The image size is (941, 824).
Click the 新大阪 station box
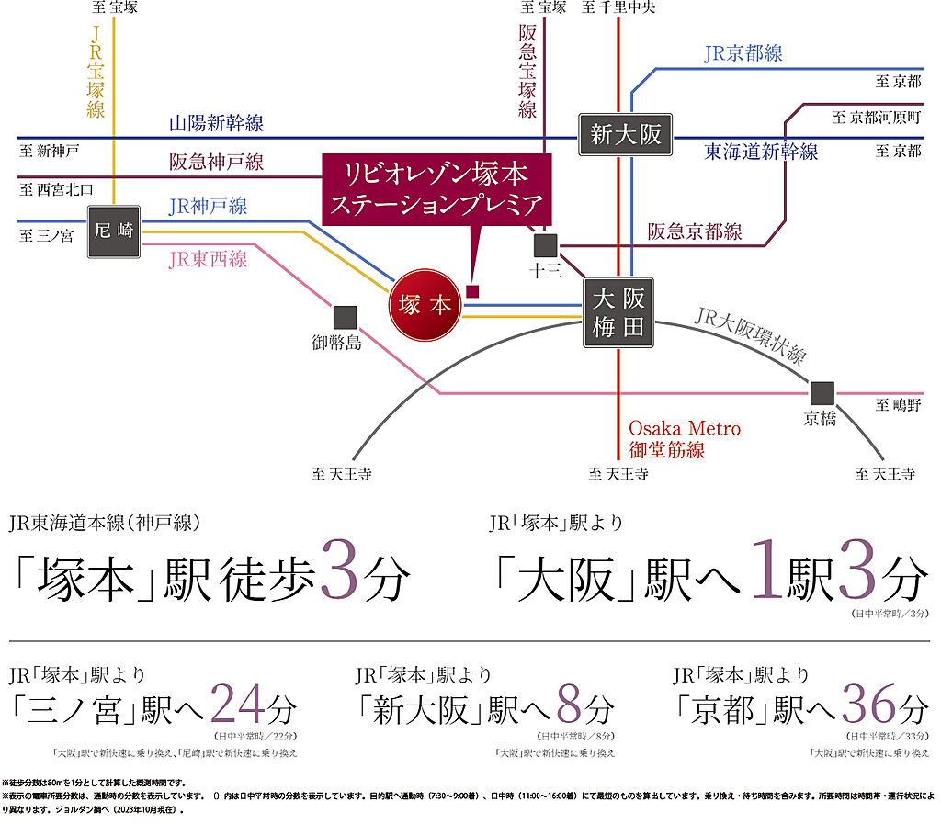coord(626,135)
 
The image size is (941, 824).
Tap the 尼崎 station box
coord(114,231)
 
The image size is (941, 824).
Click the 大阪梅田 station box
coord(618,313)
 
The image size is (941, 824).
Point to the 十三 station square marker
coord(546,245)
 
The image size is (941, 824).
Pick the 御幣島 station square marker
coord(345,317)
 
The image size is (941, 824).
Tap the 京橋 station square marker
coord(822,392)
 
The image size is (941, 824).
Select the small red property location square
coord(473,291)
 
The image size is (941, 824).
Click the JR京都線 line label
coord(743,53)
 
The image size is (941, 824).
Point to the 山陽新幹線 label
coord(216,123)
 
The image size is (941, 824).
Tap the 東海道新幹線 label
coord(761,151)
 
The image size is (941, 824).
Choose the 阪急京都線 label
coord(695,231)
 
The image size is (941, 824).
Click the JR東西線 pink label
coord(208,259)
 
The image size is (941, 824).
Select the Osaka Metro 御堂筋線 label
coord(685,439)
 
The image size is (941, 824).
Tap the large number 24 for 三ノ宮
coord(240,705)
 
